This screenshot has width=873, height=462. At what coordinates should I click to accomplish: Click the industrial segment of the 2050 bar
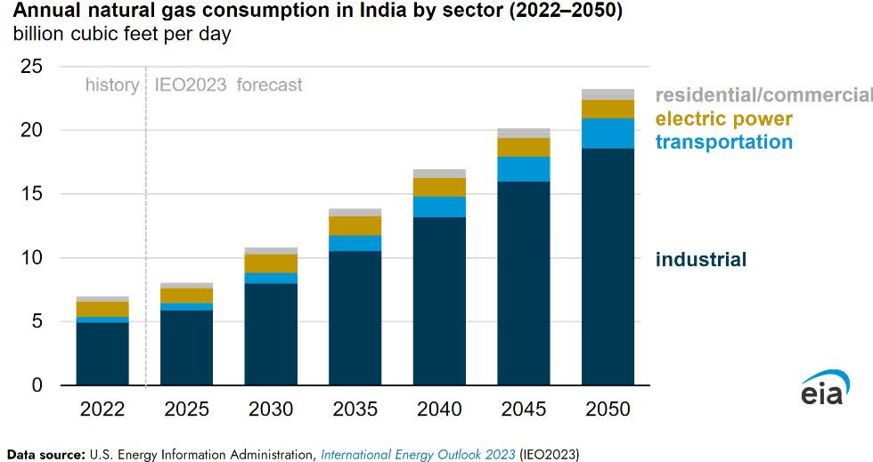[608, 267]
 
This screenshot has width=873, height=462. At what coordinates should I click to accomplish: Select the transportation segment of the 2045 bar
[524, 169]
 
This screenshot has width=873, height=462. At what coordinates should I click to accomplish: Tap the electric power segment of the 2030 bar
[271, 263]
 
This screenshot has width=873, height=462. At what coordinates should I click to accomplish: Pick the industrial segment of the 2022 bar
[102, 353]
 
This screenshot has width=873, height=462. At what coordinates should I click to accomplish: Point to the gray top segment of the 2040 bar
[439, 174]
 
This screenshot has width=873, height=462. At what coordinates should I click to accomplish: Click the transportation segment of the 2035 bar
[355, 243]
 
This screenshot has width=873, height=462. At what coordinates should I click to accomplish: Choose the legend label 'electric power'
[723, 118]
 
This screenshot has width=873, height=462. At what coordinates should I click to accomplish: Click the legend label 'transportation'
[723, 142]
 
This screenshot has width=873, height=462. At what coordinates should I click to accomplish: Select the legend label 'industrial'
[701, 260]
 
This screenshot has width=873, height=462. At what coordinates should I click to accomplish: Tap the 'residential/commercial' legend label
[763, 95]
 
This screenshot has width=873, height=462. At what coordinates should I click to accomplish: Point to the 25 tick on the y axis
[32, 66]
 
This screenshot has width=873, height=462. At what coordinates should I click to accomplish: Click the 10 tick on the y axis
[32, 258]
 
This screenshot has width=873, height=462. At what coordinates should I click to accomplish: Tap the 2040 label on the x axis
[439, 409]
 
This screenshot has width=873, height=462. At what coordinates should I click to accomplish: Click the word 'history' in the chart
[111, 85]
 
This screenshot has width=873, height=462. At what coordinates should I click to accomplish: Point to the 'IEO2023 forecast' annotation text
[229, 85]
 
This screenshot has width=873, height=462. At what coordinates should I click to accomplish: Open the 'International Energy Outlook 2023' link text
[419, 455]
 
